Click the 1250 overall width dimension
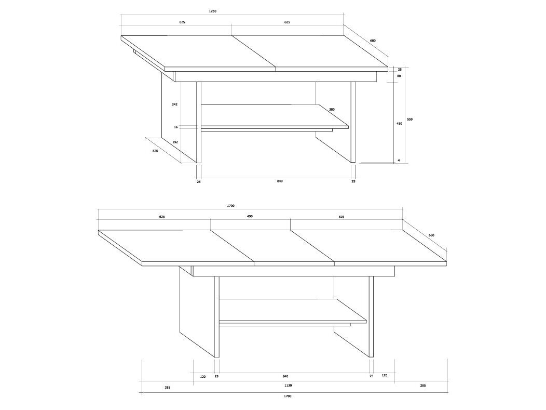pyautogui.click(x=212, y=11)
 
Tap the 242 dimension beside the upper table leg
pyautogui.click(x=175, y=104)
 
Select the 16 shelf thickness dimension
pyautogui.click(x=176, y=127)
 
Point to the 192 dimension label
pyautogui.click(x=175, y=142)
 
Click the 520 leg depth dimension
pyautogui.click(x=155, y=151)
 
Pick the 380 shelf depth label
pyautogui.click(x=332, y=110)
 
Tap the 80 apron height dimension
pyautogui.click(x=399, y=76)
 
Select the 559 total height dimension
pyautogui.click(x=410, y=119)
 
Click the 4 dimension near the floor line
pyautogui.click(x=399, y=161)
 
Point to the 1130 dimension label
pyautogui.click(x=288, y=385)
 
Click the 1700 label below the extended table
pyautogui.click(x=288, y=396)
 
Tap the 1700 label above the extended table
pyautogui.click(x=230, y=206)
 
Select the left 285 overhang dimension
pyautogui.click(x=168, y=387)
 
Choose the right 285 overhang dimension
pyautogui.click(x=422, y=385)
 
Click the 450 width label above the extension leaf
pyautogui.click(x=250, y=216)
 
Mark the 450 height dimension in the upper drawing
pyautogui.click(x=399, y=124)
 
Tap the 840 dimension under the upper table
pyautogui.click(x=280, y=181)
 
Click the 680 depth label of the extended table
pyautogui.click(x=431, y=235)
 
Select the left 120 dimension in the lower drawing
pyautogui.click(x=203, y=377)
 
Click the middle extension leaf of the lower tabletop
pyautogui.click(x=272, y=246)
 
